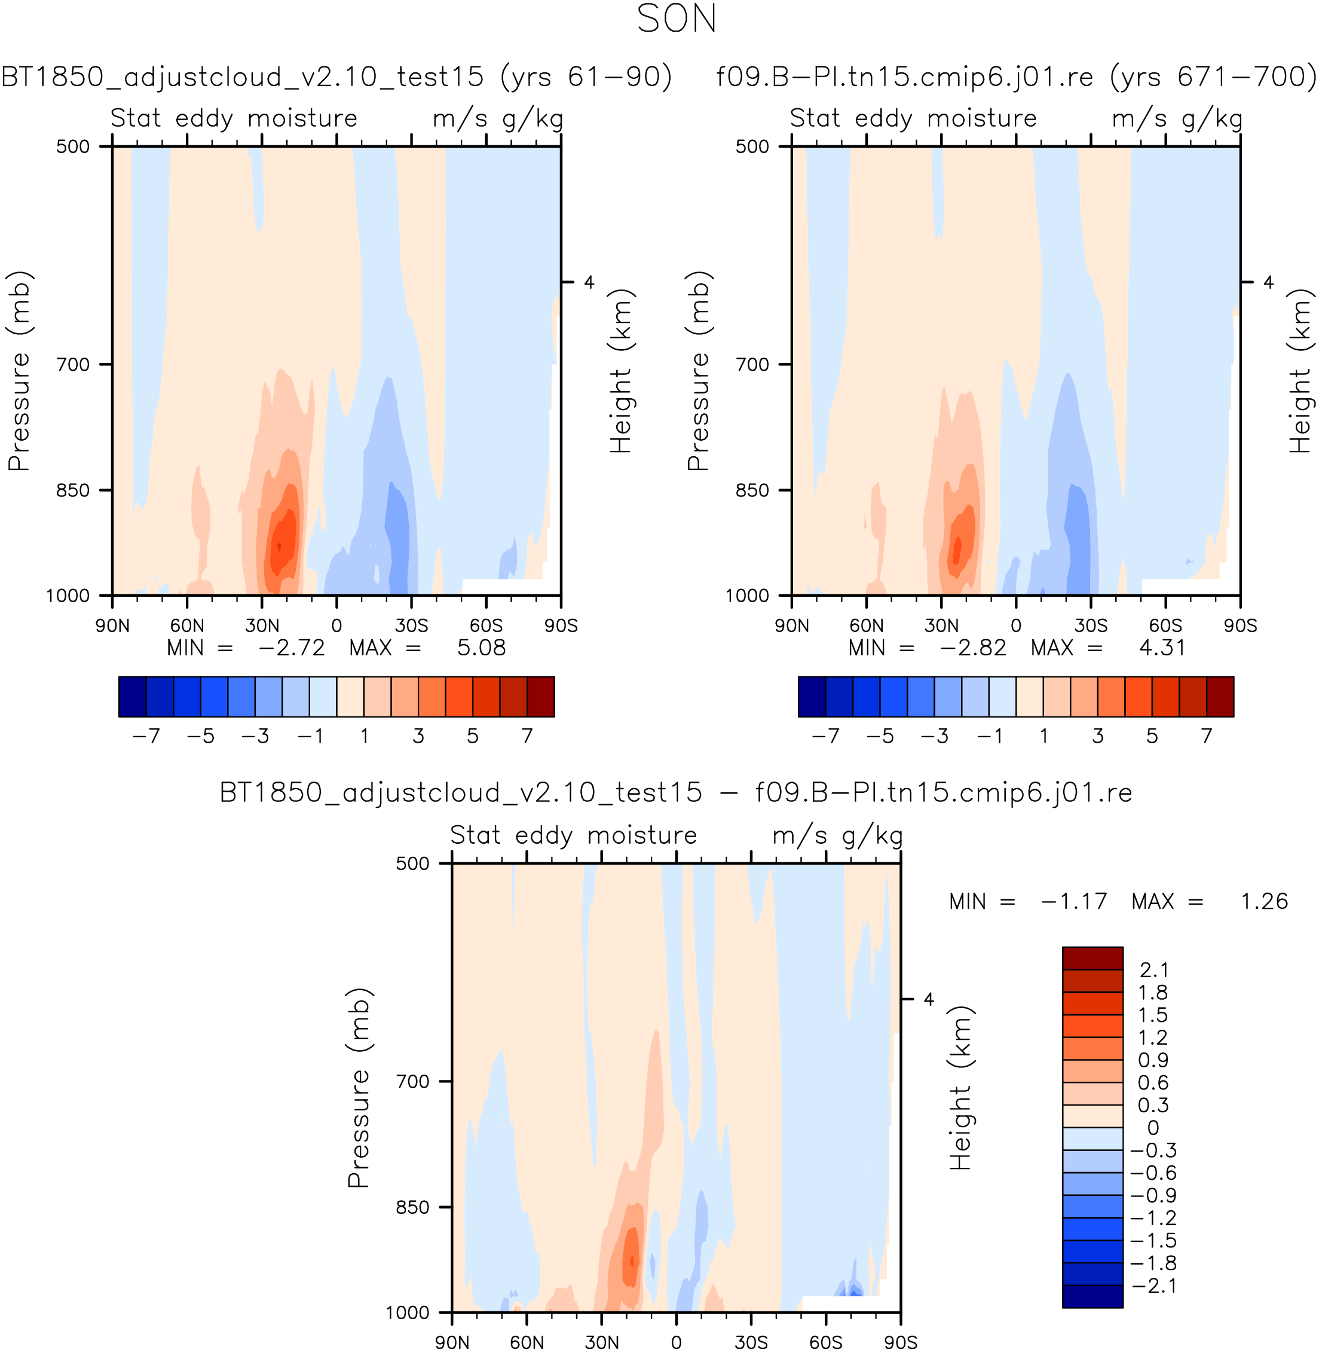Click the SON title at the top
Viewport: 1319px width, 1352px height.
pos(676,19)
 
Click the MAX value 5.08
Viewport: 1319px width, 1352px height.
pos(482,648)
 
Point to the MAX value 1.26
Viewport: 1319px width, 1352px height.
pos(1264,902)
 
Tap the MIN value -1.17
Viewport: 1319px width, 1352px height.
pos(1074,902)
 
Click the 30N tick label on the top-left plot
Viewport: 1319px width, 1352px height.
pos(262,625)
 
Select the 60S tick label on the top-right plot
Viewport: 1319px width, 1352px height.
pos(1165,625)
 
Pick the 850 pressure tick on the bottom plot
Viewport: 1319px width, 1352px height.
pos(413,1207)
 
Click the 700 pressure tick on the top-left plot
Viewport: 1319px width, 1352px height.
pos(74,365)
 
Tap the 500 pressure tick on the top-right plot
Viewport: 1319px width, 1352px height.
pos(752,147)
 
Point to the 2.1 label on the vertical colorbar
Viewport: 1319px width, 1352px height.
pos(1153,970)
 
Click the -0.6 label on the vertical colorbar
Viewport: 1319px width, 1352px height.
pos(1153,1173)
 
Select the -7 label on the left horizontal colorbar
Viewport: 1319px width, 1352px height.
pos(146,736)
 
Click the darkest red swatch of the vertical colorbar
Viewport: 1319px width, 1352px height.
pos(1092,959)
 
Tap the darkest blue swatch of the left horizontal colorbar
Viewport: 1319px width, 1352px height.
pos(132,697)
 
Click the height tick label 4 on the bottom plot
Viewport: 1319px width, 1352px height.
pos(929,999)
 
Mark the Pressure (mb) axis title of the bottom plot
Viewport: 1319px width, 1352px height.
pos(359,1088)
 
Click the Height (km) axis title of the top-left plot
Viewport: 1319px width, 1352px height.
pos(621,371)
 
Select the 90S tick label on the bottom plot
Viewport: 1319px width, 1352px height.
pos(901,1342)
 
